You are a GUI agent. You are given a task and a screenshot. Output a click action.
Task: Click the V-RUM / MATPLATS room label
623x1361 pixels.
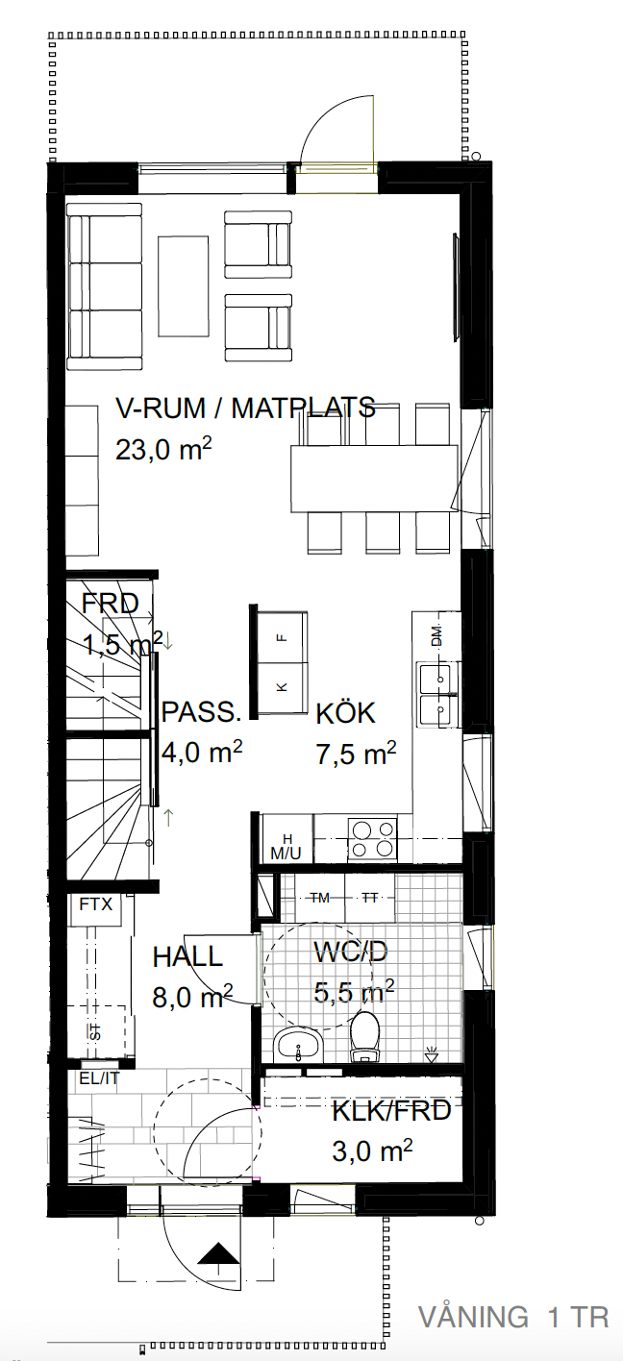(x=245, y=408)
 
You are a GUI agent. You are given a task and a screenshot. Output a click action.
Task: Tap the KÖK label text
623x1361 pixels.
(x=346, y=713)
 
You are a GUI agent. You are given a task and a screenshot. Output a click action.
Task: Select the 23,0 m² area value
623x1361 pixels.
(x=163, y=450)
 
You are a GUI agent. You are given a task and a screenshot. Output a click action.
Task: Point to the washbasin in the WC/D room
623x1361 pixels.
(x=298, y=1045)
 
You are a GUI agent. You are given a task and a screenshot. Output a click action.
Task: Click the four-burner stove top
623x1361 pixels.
(x=372, y=839)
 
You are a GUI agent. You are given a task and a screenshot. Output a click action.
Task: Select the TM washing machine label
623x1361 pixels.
(x=320, y=897)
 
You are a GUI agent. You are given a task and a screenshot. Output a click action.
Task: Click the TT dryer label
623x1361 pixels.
(x=369, y=897)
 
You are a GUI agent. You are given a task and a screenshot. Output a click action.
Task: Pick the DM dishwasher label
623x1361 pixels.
(x=436, y=636)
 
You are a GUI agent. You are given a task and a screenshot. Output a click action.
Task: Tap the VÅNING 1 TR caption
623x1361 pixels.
(x=513, y=1317)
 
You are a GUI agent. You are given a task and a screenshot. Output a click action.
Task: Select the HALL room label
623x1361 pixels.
(x=187, y=957)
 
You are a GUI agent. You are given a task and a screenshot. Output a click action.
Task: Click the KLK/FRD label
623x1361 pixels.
(x=391, y=1111)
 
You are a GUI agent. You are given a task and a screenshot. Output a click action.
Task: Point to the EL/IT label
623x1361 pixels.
(x=100, y=1077)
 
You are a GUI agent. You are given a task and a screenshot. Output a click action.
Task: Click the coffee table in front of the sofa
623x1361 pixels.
(x=185, y=285)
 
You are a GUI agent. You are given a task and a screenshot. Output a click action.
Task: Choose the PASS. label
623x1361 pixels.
(x=201, y=711)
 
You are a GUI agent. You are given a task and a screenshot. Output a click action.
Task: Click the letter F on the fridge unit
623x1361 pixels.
(x=280, y=637)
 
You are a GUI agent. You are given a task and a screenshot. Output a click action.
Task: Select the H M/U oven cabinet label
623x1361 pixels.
(x=286, y=847)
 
